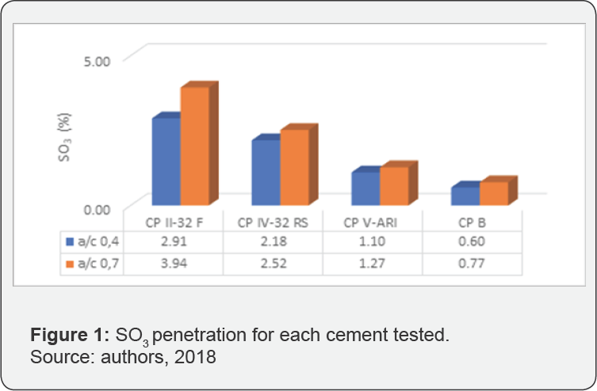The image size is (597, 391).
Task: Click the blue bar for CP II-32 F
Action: pyautogui.click(x=166, y=162)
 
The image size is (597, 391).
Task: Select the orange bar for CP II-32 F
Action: pyautogui.click(x=194, y=146)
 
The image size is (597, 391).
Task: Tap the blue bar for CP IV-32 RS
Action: pyautogui.click(x=266, y=173)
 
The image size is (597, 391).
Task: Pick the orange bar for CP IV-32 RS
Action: pyautogui.click(x=293, y=168)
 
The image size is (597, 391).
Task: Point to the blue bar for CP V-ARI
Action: pyautogui.click(x=365, y=189)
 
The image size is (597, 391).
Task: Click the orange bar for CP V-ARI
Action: pyautogui.click(x=393, y=187)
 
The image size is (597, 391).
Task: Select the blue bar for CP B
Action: pyautogui.click(x=465, y=196)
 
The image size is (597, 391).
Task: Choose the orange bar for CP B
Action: pyautogui.click(x=493, y=194)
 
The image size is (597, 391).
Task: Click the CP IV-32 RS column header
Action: pyautogui.click(x=272, y=222)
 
